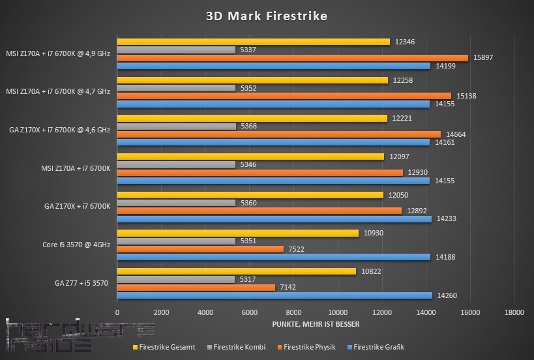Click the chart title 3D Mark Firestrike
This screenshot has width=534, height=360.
pos(266,16)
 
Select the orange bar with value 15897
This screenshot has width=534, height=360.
pos(292,58)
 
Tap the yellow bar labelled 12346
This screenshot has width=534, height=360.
pos(253,42)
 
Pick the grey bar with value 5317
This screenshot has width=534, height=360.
pos(176,280)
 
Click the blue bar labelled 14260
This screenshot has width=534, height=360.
pos(274,295)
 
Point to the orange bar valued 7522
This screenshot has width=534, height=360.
pos(200,249)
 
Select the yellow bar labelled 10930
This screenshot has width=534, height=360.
pos(237,233)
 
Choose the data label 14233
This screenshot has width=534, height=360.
pos(447,219)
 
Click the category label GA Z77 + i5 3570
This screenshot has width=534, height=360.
pos(82,283)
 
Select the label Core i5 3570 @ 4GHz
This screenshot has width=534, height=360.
pos(75,245)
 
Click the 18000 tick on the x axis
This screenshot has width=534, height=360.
pos(514,312)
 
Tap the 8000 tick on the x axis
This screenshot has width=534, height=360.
pos(293,312)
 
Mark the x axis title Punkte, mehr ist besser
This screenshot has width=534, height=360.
pos(316,324)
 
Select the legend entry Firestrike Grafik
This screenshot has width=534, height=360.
pos(378,347)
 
